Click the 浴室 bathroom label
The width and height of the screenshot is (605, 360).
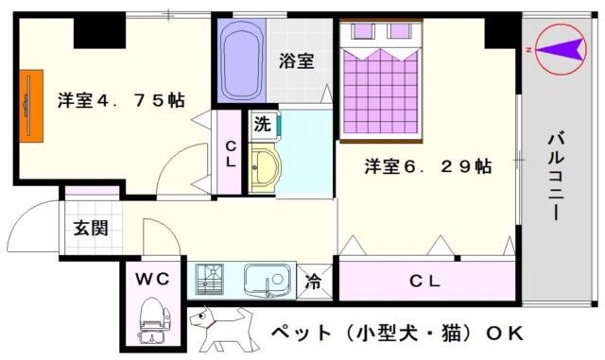coord(296,61)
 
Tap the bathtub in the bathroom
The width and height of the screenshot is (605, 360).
coord(242,60)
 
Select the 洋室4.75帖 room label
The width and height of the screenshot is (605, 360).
coord(121,100)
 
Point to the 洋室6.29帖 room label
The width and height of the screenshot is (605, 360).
coord(428,166)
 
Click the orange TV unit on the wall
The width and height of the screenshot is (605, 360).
coord(31,106)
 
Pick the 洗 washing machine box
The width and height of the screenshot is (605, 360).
coord(263,124)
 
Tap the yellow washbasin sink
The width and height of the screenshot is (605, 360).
coord(264,167)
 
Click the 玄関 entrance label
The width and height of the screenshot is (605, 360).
coord(91,228)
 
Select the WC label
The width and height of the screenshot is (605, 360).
coord(152,279)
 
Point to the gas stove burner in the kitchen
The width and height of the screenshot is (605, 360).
coord(210,279)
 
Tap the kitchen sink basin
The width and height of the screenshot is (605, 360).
coord(267,280)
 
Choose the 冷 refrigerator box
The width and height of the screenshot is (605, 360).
coord(314,282)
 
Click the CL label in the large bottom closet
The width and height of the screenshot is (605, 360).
coord(424,282)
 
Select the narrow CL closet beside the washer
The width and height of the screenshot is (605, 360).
coord(229,153)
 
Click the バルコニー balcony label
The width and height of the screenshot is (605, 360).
coord(556,176)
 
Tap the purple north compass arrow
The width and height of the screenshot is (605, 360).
coord(559,49)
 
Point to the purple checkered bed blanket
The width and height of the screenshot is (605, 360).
coord(381,92)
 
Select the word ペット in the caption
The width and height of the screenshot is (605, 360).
coord(301,333)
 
